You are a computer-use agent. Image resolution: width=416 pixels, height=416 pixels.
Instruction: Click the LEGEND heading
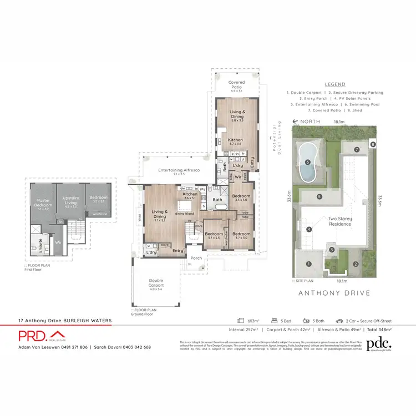coord(334,84)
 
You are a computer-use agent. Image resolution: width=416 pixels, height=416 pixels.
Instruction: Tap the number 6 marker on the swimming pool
coord(307,163)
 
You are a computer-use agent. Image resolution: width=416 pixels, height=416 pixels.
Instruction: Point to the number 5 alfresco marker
coord(319,196)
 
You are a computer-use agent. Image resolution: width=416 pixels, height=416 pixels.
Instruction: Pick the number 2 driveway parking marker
coord(356,263)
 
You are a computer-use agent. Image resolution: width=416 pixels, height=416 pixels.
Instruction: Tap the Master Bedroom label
coord(43,202)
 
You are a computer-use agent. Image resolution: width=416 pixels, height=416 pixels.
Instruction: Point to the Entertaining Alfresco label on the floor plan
coord(179,171)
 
